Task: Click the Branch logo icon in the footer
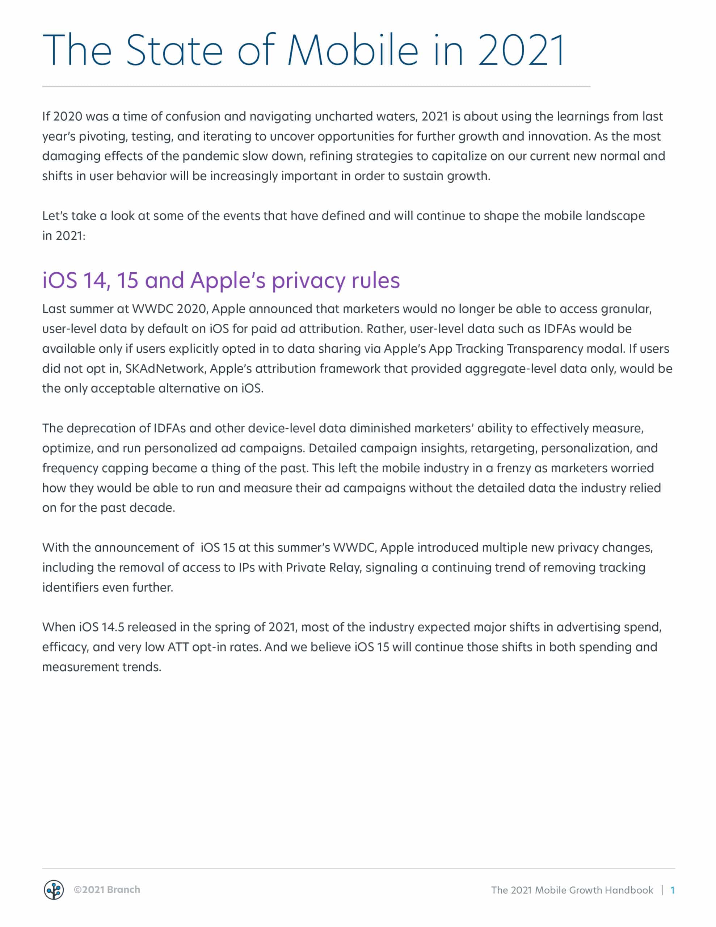click(54, 890)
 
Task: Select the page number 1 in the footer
click(672, 890)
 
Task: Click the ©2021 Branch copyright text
click(106, 890)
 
